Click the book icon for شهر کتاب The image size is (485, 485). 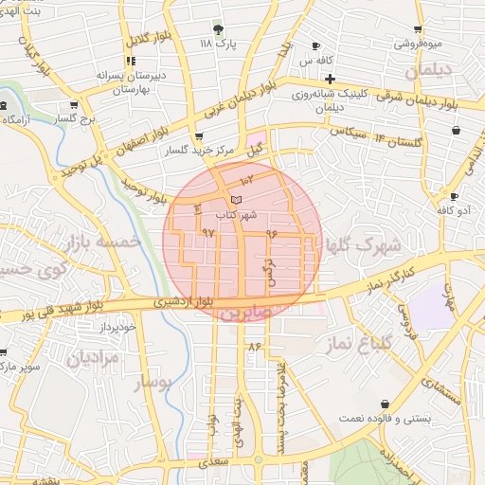point(236,199)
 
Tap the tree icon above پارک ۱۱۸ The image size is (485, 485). point(218,29)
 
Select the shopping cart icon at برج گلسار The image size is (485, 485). point(73,105)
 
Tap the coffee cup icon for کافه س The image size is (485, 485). point(316,46)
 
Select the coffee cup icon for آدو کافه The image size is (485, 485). point(455,197)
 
